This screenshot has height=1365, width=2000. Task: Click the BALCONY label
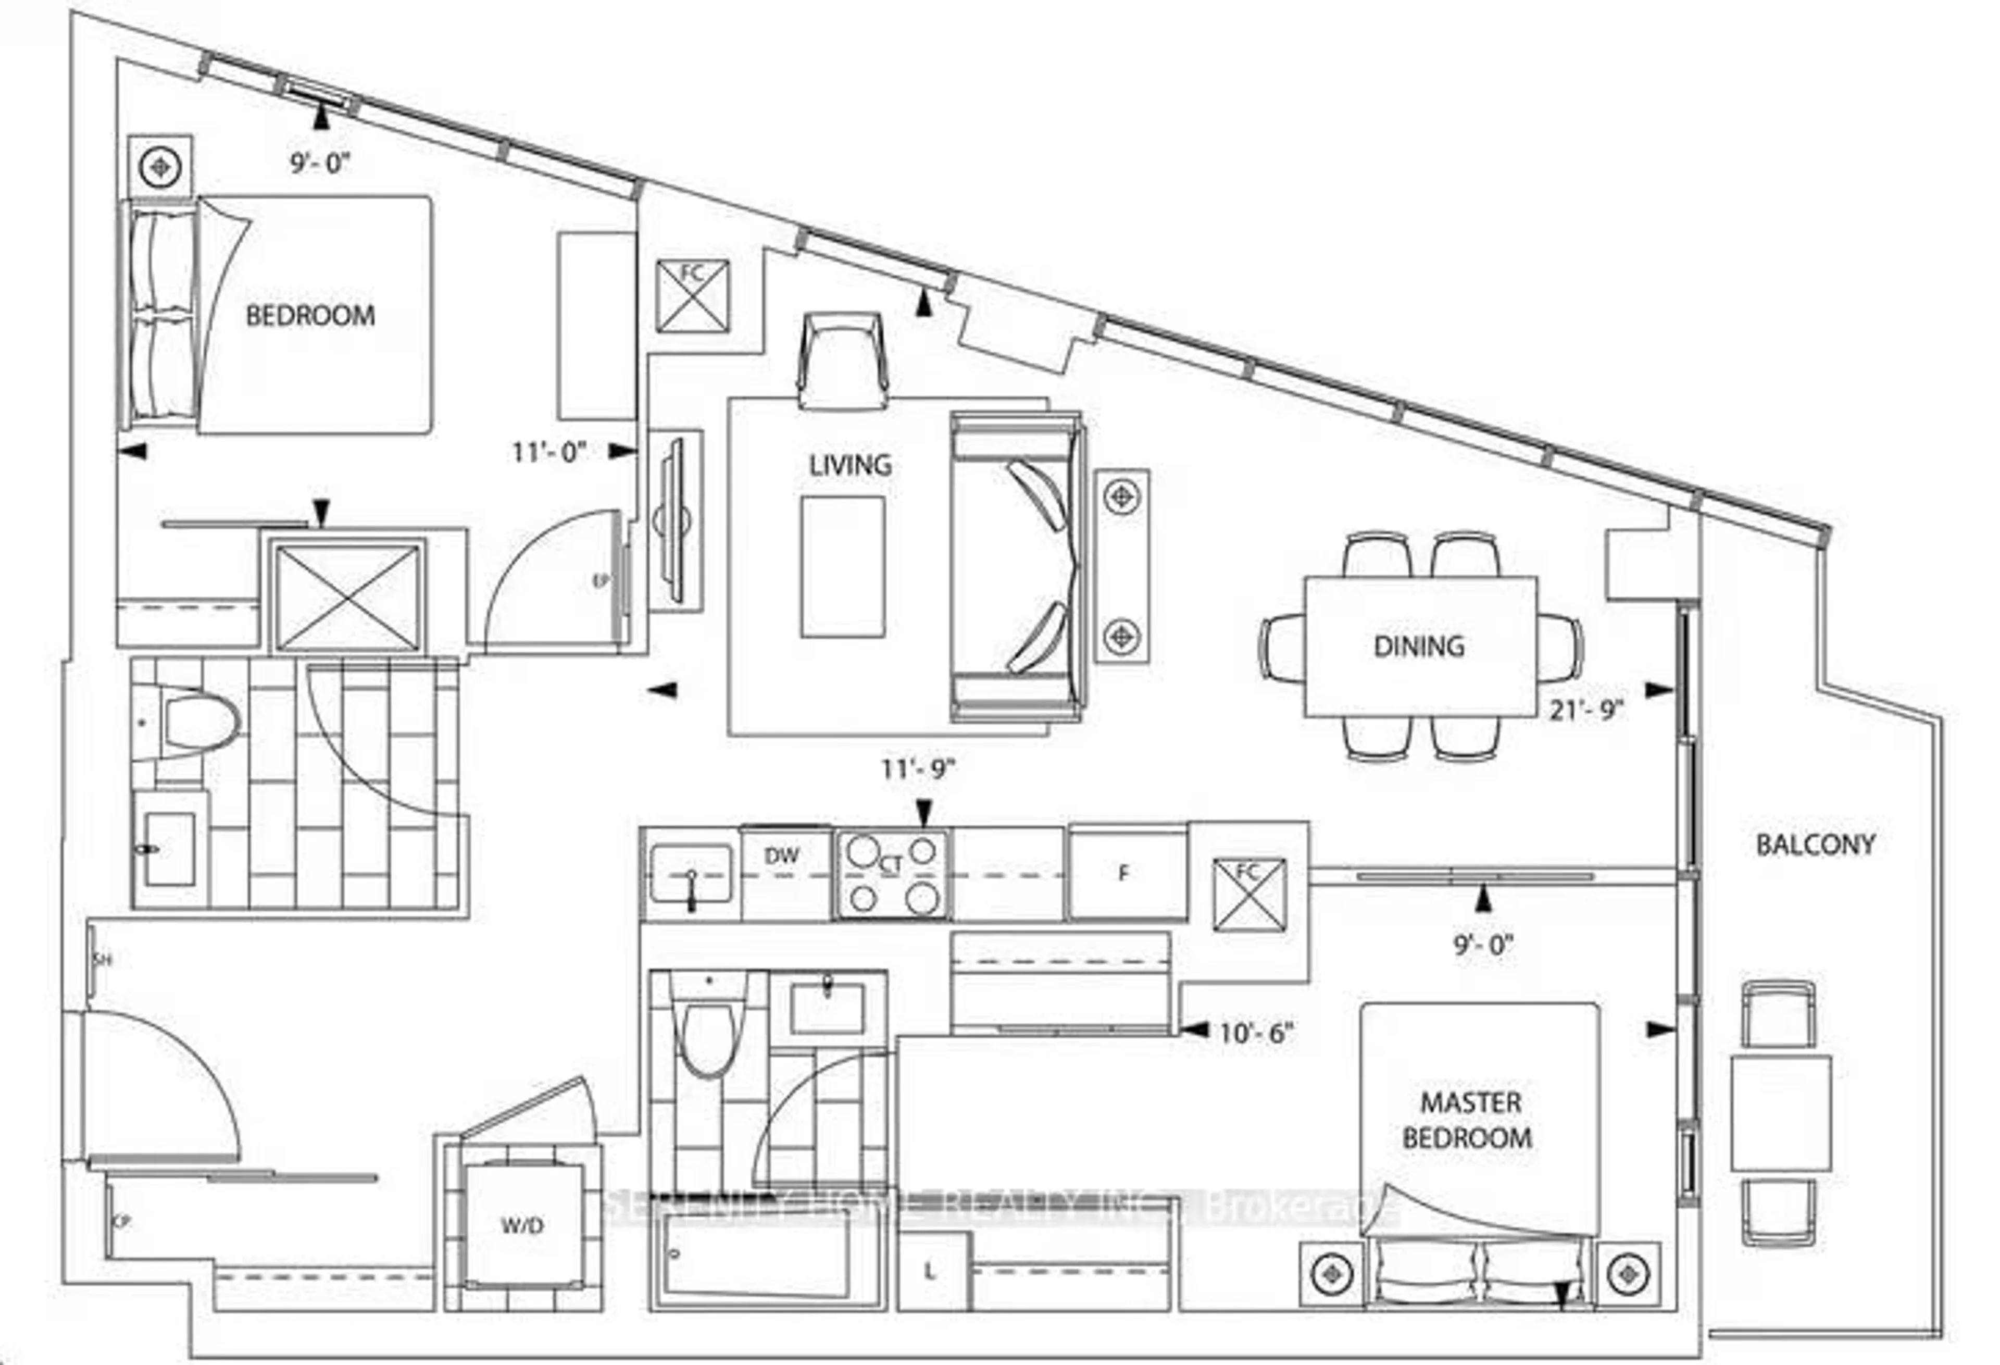1815,845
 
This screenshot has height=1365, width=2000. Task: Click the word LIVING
849,466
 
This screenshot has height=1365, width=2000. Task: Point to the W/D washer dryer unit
522,1225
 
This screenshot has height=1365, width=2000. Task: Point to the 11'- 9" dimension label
917,768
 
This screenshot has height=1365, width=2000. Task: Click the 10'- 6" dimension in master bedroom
1256,1033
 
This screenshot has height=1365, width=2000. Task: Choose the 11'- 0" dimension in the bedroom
548,452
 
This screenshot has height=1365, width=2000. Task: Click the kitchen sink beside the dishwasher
691,874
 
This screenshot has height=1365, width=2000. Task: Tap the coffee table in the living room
843,567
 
